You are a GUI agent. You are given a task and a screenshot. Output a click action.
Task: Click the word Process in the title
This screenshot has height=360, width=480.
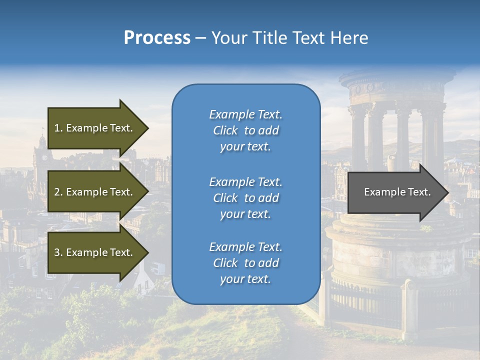pos(157,38)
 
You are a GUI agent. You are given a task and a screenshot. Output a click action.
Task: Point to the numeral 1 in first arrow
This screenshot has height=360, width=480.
pos(57,128)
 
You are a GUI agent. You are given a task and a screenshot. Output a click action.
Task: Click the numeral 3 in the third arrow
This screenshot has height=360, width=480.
pos(57,252)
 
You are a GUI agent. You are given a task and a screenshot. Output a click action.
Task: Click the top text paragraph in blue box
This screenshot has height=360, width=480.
pos(245,130)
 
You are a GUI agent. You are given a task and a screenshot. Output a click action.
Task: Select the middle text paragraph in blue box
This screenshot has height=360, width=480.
pos(245,197)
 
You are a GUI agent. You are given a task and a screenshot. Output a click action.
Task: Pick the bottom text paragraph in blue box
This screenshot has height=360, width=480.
pos(245,263)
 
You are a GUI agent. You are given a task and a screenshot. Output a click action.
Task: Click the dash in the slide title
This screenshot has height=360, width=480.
pos(201,38)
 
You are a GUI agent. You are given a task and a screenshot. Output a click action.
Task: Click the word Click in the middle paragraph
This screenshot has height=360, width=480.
pos(225,198)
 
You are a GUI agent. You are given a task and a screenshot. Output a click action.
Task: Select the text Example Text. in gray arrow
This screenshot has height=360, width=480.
pos(397,192)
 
